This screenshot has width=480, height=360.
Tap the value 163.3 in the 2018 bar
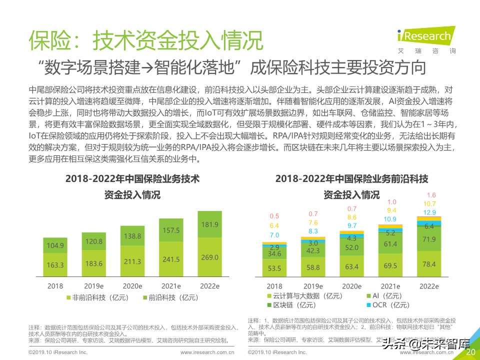click(55, 264)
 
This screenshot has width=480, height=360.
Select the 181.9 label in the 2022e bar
click(209, 224)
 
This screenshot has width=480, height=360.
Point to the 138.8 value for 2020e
click(132, 235)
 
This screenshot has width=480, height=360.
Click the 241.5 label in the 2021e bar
click(170, 259)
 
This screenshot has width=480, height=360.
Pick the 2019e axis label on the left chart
click(93, 286)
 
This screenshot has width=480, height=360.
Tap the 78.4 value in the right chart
click(429, 263)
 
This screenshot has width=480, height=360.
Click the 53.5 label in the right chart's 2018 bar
click(274, 268)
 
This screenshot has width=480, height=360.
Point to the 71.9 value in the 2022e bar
click(429, 239)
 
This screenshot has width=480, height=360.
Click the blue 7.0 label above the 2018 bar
click(274, 235)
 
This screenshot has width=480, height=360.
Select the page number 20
click(470, 352)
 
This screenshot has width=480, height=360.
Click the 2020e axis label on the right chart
click(351, 286)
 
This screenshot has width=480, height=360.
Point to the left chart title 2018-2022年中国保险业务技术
click(132, 178)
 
